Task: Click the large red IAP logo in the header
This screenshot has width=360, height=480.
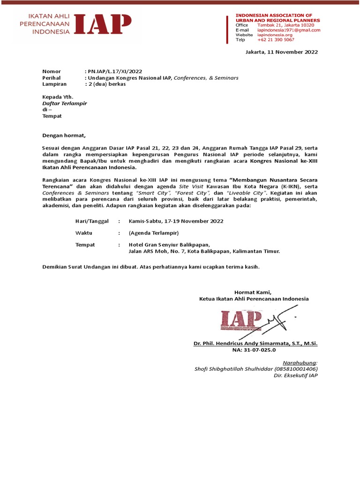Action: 102,25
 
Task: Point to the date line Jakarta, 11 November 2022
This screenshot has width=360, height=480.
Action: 282,52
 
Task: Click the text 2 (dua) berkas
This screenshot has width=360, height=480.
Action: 105,84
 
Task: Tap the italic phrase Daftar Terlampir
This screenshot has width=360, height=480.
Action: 65,103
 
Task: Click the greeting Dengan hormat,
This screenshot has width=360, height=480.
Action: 64,136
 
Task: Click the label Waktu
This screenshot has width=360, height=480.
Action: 83,233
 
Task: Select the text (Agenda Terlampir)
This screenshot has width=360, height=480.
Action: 154,233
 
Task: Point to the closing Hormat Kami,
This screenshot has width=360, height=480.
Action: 253,292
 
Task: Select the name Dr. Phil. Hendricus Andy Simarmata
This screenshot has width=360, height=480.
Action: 256,344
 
